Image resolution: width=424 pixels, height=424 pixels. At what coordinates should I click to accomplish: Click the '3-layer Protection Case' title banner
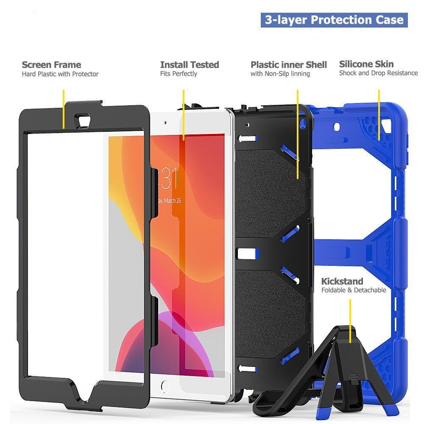[334, 20]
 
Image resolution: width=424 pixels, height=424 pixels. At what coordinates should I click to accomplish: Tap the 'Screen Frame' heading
[51, 65]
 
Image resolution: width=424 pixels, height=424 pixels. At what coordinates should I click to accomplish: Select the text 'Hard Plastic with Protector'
[60, 74]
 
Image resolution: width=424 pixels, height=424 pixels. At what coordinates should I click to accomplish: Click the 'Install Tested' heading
[190, 65]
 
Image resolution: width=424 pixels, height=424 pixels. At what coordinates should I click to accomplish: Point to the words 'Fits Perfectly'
[179, 74]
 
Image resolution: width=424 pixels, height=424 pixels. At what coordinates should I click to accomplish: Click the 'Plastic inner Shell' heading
[288, 65]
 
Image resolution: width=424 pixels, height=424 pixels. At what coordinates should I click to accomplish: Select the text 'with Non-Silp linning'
[280, 74]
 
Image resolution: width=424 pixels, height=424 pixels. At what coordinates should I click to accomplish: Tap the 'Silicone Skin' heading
[366, 64]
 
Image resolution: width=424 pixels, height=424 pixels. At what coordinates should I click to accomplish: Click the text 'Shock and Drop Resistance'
[378, 73]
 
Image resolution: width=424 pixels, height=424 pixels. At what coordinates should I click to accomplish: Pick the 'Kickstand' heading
[342, 282]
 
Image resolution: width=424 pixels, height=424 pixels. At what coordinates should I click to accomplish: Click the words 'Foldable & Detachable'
[354, 290]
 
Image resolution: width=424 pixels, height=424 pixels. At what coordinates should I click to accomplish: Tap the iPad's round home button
[165, 386]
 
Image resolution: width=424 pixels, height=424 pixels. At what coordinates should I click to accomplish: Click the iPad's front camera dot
[165, 123]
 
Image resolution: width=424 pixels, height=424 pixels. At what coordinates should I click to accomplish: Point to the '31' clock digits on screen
[170, 178]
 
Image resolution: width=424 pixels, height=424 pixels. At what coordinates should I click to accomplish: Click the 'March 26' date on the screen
[172, 201]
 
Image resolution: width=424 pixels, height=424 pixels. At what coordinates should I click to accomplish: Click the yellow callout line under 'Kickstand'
[350, 321]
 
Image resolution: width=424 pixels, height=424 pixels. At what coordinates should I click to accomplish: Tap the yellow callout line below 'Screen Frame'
[64, 109]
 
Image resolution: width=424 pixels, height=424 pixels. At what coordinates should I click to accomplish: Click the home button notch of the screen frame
[84, 394]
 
